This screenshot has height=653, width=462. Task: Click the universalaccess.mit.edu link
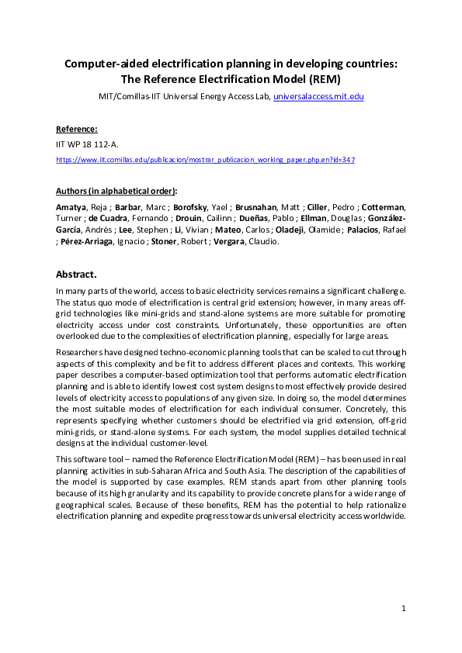tap(318, 96)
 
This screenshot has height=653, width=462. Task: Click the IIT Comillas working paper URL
tap(206, 159)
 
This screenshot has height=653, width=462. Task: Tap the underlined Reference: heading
tap(77, 129)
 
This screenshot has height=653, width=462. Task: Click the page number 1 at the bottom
tap(405, 608)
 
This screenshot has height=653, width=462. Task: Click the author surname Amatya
tap(72, 208)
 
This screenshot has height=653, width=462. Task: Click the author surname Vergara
tap(240, 241)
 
